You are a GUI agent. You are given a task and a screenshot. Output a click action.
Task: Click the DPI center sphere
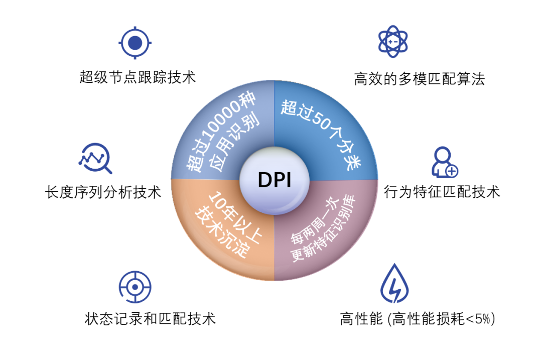pyautogui.click(x=274, y=179)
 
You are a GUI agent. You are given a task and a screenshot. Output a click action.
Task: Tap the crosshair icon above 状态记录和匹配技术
pyautogui.click(x=135, y=287)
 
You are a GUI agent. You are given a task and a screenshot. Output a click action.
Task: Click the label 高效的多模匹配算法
pyautogui.click(x=420, y=79)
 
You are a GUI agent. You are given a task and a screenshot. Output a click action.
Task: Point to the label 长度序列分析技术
pyautogui.click(x=103, y=192)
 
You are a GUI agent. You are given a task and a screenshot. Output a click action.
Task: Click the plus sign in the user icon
pyautogui.click(x=452, y=171)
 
